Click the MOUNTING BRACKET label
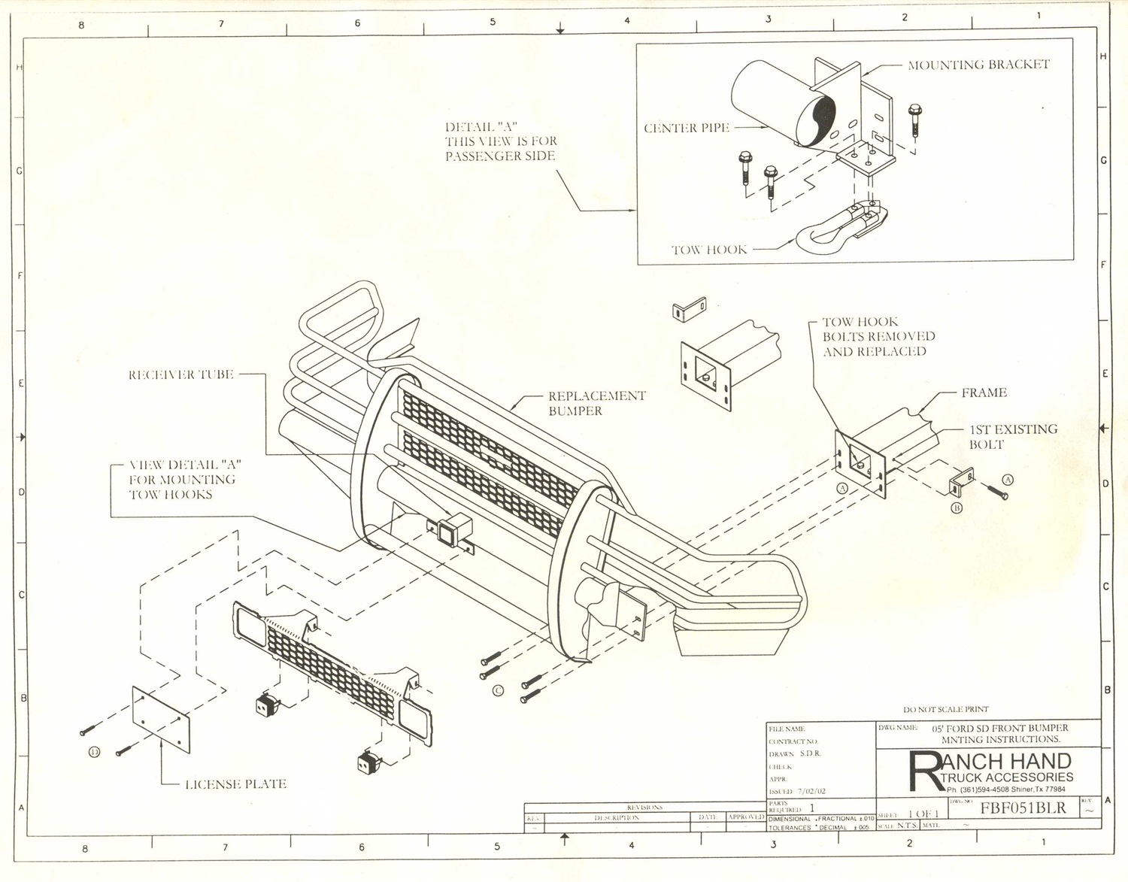pos(978,65)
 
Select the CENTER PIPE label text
pos(687,129)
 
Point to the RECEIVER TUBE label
pos(181,374)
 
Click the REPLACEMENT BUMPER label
pos(596,403)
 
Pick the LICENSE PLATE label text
pos(235,784)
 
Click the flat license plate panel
pos(161,719)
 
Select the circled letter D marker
pos(95,751)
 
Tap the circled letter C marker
pos(498,690)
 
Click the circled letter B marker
pos(957,508)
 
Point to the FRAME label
pos(984,393)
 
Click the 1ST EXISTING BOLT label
pos(1012,437)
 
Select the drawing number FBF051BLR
pos(1023,808)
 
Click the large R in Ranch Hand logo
pos(923,771)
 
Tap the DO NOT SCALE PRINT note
pos(945,709)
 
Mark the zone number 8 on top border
pos(81,25)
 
